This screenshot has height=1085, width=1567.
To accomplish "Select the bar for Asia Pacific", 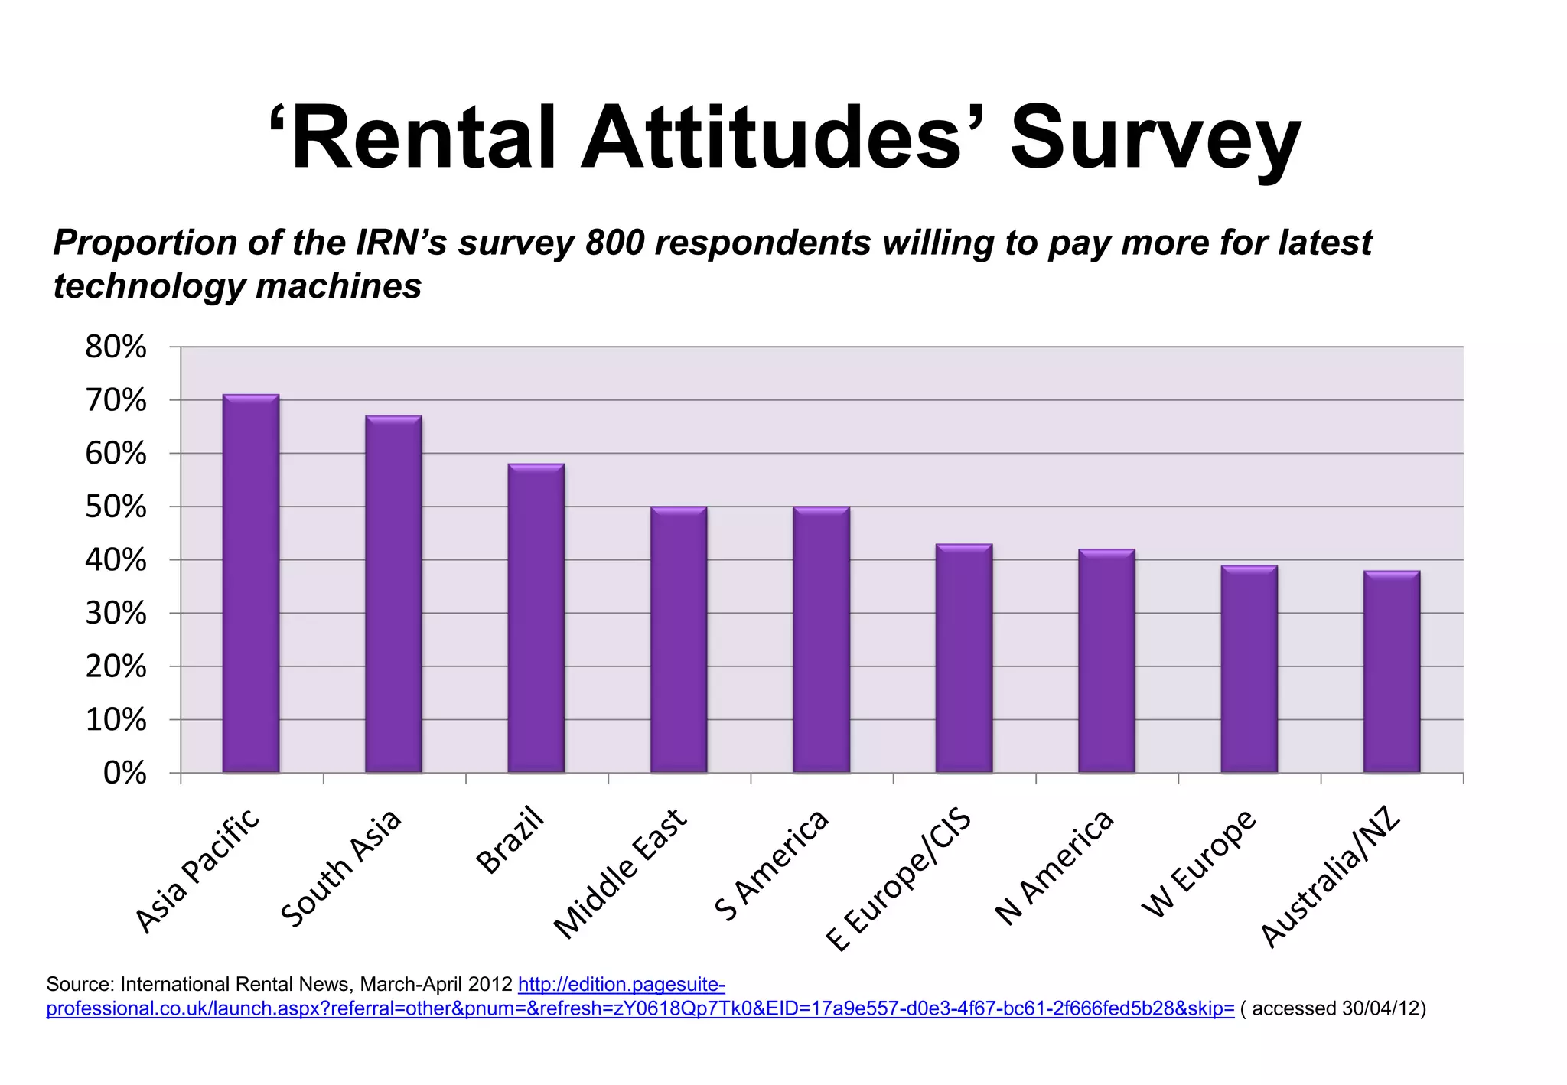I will click(251, 583).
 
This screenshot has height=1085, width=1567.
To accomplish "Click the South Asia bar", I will click(393, 594).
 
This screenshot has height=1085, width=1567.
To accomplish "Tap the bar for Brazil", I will click(536, 618).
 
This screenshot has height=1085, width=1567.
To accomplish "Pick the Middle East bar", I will click(679, 640).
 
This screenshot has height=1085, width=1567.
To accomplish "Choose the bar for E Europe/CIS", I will click(964, 658).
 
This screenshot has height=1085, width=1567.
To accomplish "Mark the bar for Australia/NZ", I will click(1392, 672).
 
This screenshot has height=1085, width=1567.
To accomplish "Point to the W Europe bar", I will click(1249, 669).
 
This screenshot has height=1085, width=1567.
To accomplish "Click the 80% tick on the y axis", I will click(116, 347).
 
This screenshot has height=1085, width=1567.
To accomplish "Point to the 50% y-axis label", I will click(116, 507).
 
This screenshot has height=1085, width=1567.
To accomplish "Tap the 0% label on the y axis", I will click(125, 773).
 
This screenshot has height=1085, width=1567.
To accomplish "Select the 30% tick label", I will click(116, 613).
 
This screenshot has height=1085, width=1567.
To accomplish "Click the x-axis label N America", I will click(1054, 867).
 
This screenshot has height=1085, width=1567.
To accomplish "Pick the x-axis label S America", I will click(771, 865).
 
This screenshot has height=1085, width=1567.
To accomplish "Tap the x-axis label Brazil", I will click(510, 839).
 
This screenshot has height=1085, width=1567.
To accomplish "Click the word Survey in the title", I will click(1155, 139).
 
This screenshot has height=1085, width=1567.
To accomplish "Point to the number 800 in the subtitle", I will click(614, 243).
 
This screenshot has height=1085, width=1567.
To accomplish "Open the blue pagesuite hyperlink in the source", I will click(640, 1008).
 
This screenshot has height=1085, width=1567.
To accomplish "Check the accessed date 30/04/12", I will click(1383, 1008).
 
